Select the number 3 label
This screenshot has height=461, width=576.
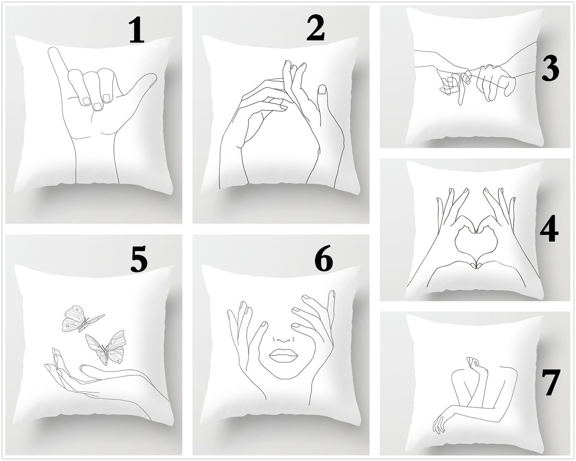click(x=550, y=70)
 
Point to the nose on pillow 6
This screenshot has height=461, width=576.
click(x=283, y=338)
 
